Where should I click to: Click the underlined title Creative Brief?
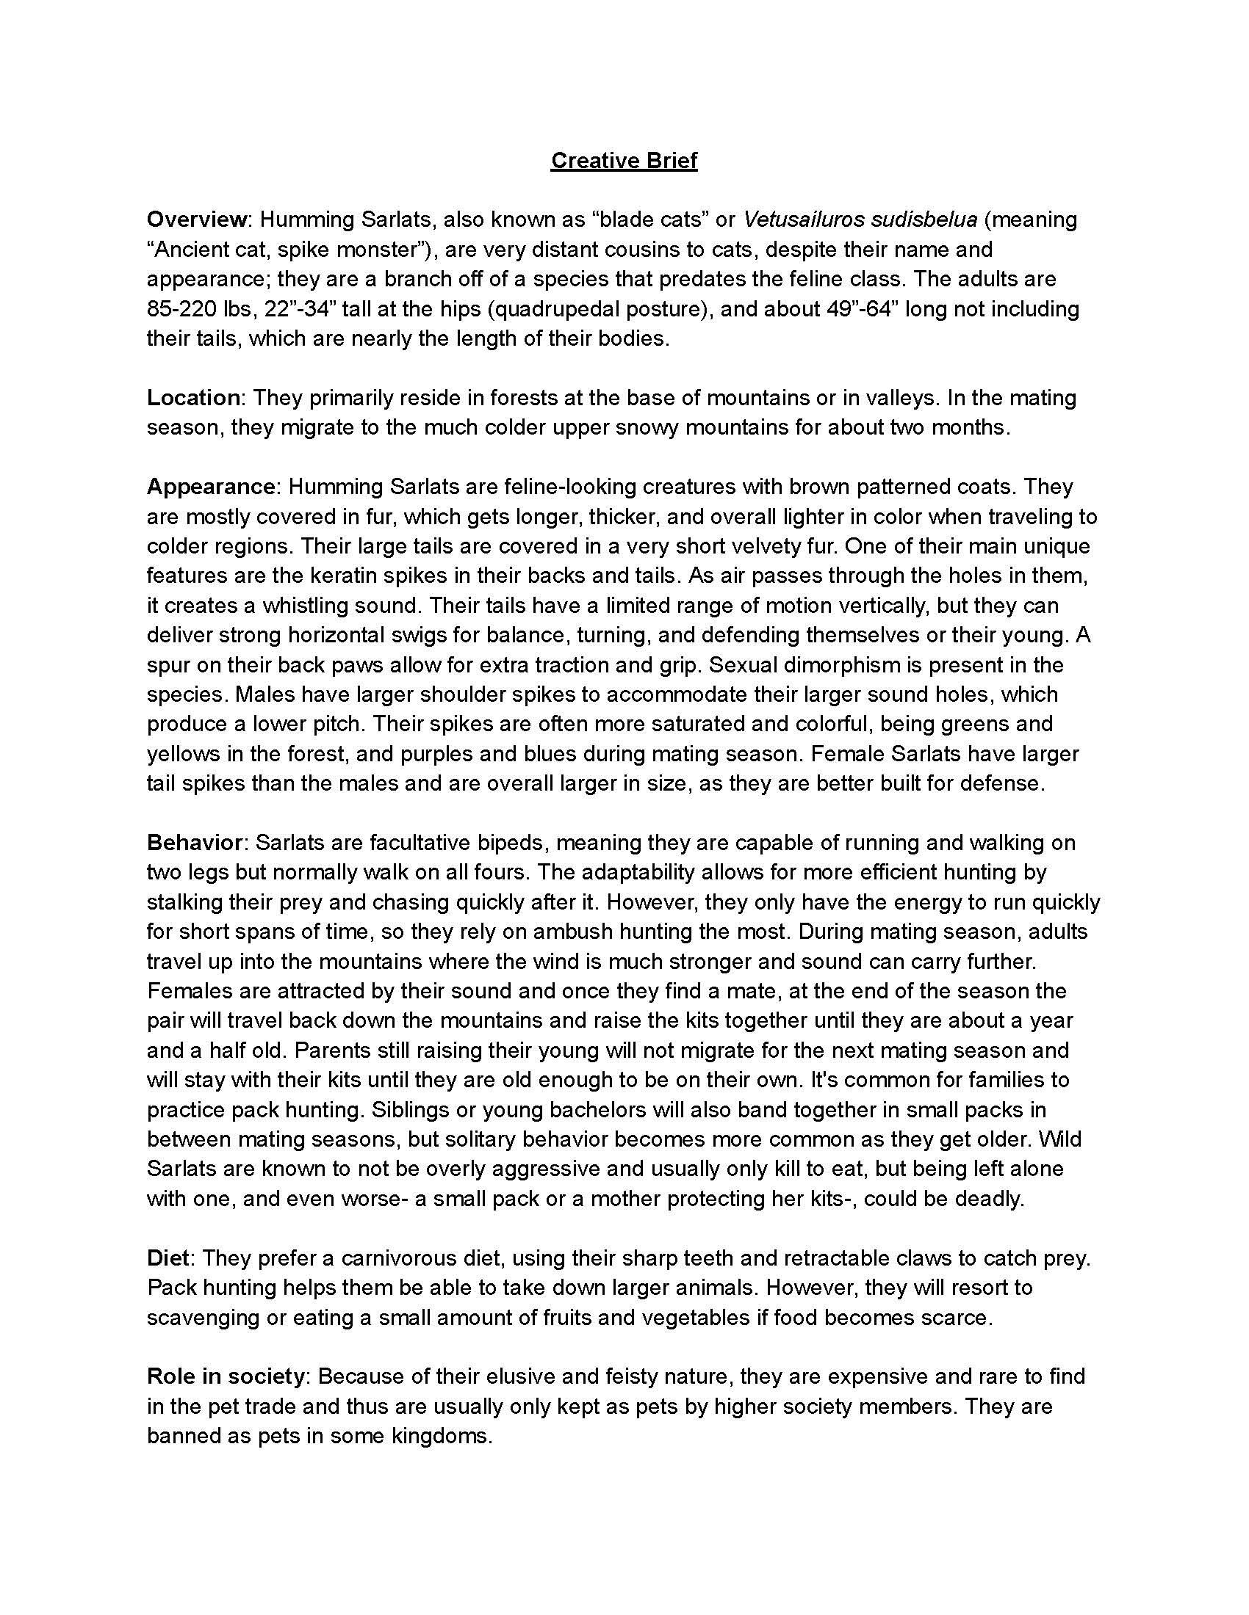point(624,161)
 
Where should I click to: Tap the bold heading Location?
point(193,398)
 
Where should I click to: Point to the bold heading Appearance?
point(211,487)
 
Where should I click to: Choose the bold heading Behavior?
point(195,842)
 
